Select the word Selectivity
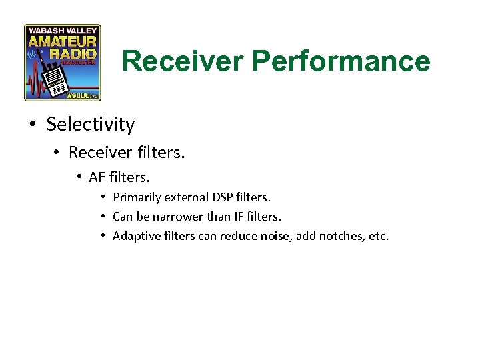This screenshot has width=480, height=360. [x=90, y=124]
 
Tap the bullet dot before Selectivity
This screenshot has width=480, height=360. [x=32, y=125]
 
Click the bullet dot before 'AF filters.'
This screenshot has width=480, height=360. [x=79, y=177]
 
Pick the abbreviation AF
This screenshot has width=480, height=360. [x=97, y=178]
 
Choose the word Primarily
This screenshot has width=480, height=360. [x=136, y=197]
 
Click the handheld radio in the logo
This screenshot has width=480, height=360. [x=54, y=81]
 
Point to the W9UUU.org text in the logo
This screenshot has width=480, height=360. [x=83, y=96]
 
